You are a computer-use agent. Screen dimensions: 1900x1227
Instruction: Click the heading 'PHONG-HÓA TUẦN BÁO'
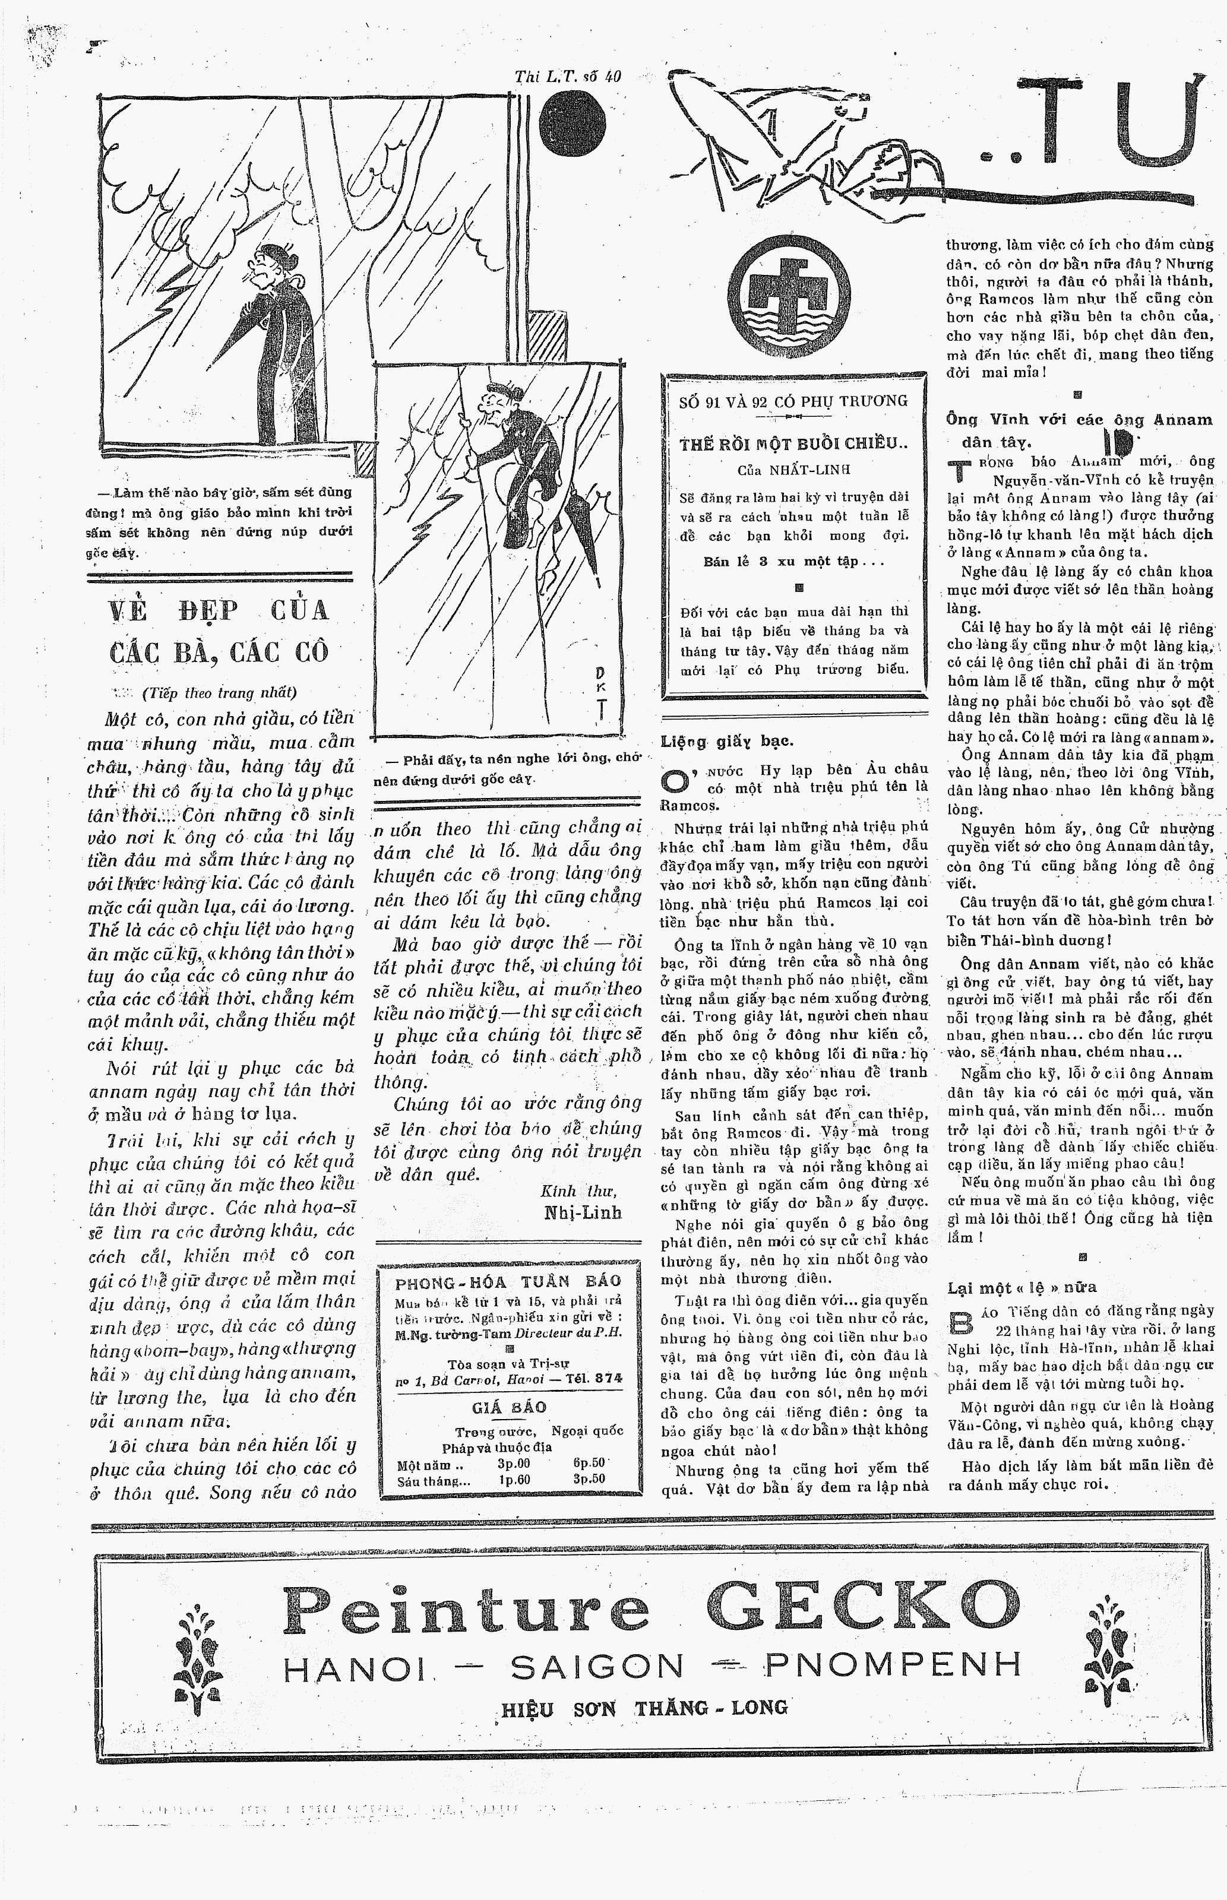508,1282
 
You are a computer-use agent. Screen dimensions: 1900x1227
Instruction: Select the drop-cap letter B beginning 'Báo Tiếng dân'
960,1320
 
